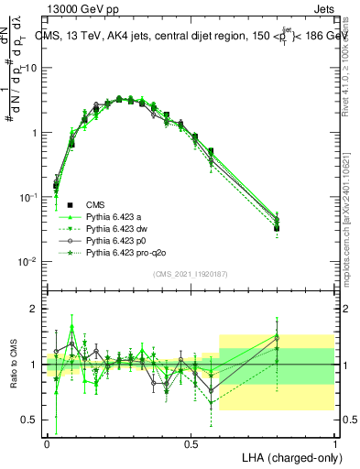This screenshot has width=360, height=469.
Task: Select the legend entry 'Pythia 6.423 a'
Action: (116, 216)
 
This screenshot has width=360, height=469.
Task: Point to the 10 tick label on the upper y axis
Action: (32, 68)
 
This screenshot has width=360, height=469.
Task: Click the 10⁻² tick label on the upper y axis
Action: (29, 261)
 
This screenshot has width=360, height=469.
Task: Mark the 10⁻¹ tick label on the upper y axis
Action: (29, 197)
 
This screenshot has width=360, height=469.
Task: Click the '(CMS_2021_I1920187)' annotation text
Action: (191, 273)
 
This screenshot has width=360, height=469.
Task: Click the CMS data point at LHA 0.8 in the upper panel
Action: (277, 228)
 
